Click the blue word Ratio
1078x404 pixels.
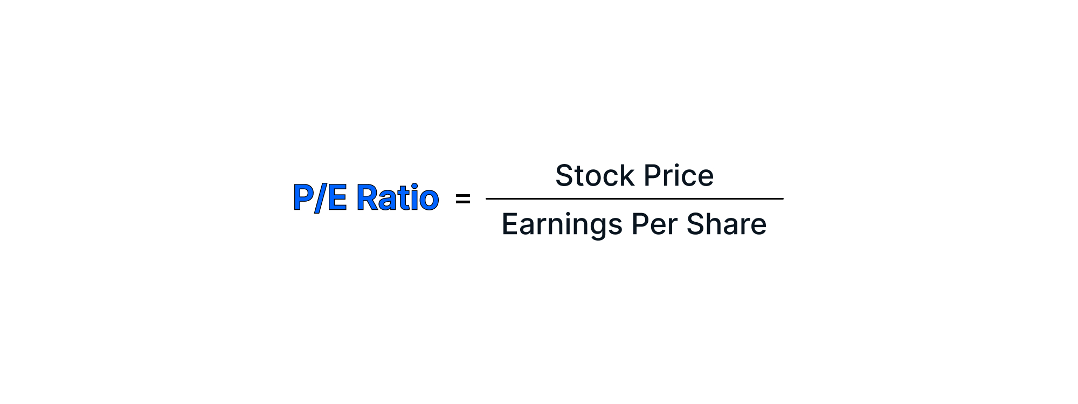click(398, 197)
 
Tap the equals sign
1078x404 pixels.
click(463, 199)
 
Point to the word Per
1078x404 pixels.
click(654, 224)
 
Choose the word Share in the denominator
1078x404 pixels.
click(726, 224)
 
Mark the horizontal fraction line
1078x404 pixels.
click(634, 198)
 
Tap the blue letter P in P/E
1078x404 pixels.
click(303, 197)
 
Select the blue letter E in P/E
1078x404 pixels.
click(337, 197)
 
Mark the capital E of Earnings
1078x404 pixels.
click(510, 224)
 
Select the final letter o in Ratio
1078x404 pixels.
click(429, 199)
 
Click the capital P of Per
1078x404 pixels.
click(640, 224)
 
